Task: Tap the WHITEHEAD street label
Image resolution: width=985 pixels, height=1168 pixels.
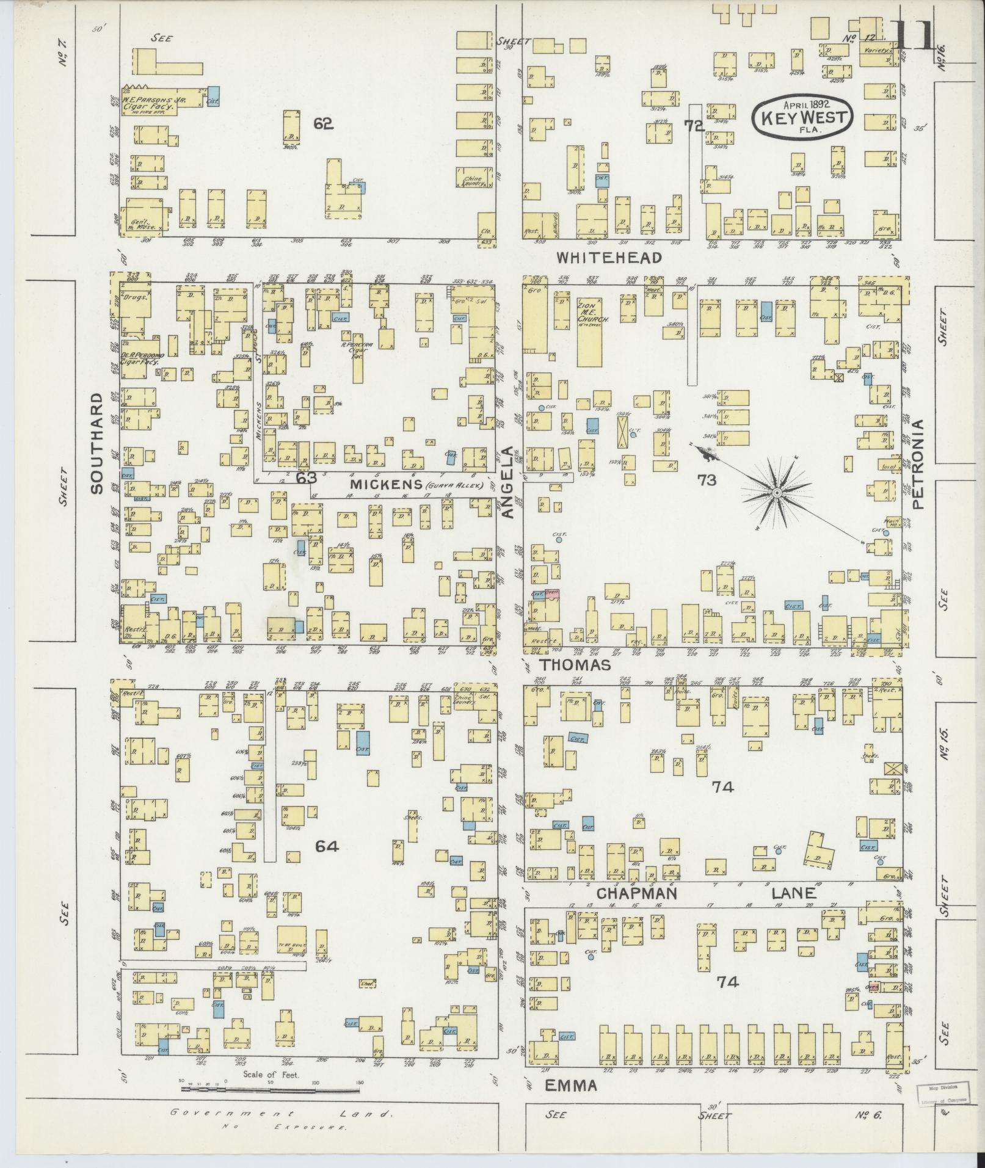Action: coord(609,258)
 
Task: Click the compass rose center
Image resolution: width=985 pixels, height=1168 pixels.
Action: coord(777,493)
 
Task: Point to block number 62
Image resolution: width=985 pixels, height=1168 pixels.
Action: coord(323,123)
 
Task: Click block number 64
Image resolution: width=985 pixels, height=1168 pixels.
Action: coord(327,846)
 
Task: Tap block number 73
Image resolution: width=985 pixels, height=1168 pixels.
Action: coord(707,481)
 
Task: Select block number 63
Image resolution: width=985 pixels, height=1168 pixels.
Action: coord(305,478)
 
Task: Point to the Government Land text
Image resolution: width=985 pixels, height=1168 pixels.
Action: coord(282,1113)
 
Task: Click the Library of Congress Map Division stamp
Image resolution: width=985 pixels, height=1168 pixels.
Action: coord(940,1095)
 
